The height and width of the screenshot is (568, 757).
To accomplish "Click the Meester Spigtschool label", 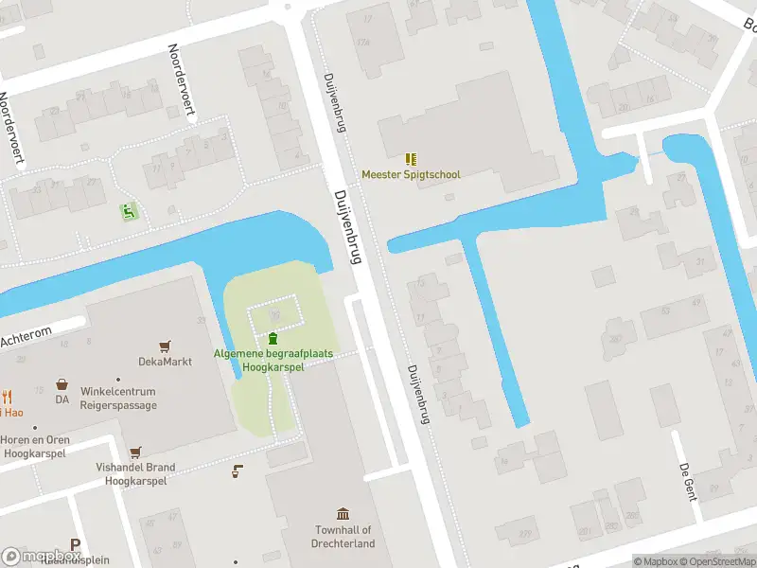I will [411, 175].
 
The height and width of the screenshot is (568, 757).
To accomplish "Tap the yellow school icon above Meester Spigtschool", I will [411, 159].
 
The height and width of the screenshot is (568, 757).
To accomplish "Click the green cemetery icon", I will [273, 338].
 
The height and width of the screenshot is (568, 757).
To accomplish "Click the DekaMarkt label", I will [165, 362].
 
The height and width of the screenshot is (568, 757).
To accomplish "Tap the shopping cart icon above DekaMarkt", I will [166, 346].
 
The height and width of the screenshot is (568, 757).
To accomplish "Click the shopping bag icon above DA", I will [62, 384].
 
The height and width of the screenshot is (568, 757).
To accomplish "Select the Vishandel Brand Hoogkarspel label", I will [135, 474].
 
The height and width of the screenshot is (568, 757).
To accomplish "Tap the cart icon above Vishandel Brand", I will [135, 453].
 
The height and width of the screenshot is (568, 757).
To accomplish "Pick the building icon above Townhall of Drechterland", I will [343, 512].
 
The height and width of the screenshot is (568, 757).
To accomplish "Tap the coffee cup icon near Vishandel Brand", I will [238, 470].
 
